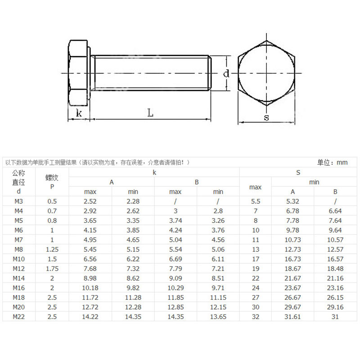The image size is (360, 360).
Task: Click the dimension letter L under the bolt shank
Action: point(150,113)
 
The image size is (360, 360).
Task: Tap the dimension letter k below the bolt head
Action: point(79,113)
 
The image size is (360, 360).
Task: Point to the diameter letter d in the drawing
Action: point(226,73)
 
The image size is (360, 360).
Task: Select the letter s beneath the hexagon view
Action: point(266,117)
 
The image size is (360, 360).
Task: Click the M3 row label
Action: point(19,201)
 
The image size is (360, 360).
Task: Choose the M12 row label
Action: point(19,269)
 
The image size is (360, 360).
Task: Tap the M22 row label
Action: point(19,317)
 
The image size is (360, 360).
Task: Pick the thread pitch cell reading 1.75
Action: point(52,269)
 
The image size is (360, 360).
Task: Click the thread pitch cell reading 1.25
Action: point(52,249)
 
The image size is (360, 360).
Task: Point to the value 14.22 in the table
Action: point(90,317)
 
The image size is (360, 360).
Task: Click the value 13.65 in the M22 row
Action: point(218,317)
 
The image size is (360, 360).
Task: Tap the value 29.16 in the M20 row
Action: point(335,307)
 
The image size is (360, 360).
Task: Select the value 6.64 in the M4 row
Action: point(335,211)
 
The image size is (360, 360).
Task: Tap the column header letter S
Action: point(298,172)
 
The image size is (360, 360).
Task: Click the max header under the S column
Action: point(255,187)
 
